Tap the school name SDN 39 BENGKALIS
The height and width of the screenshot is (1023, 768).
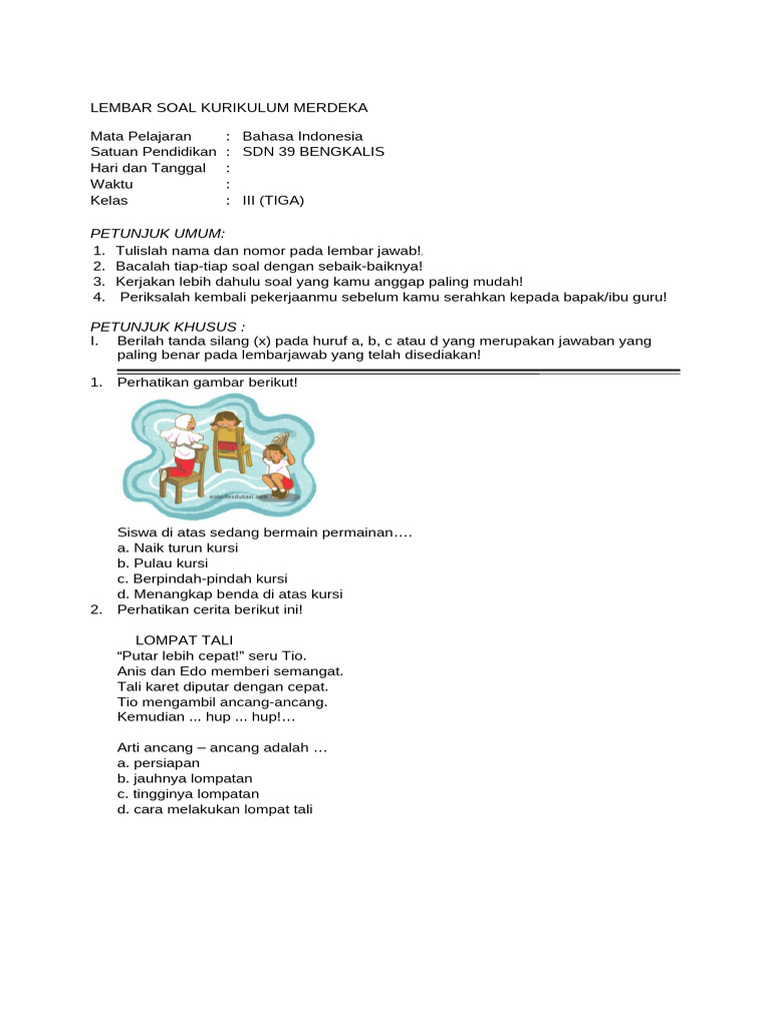(313, 152)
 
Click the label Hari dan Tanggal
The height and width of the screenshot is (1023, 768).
(148, 168)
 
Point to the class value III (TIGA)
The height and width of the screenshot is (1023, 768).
(273, 200)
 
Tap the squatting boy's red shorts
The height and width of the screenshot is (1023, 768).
(285, 483)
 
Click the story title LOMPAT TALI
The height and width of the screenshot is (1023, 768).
(184, 639)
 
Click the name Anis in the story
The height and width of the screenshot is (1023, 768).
(131, 671)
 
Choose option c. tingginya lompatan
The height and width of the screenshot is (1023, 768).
(181, 793)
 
